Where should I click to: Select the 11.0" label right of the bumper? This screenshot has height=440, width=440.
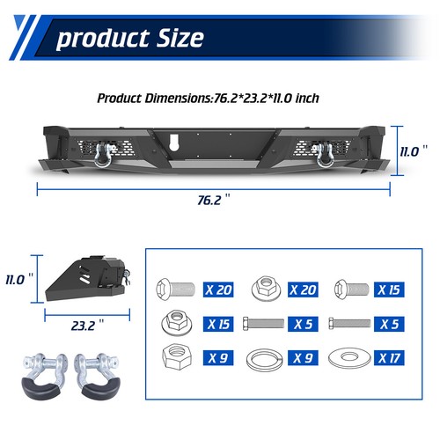click(x=409, y=150)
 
